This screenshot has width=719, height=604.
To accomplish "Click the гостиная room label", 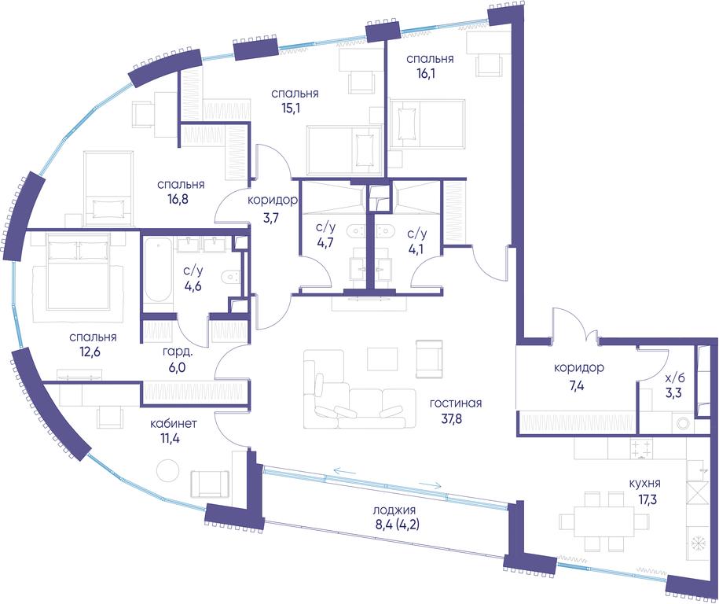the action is (x=455, y=403).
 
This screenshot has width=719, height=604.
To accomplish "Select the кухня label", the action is (x=644, y=484).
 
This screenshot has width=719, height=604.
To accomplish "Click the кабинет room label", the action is (x=174, y=423).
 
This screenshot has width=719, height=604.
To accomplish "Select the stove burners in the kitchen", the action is (x=641, y=448).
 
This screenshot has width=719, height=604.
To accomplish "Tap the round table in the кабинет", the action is (x=167, y=470).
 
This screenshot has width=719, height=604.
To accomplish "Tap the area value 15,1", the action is (x=295, y=109).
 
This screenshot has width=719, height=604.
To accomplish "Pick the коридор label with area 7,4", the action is (x=578, y=367).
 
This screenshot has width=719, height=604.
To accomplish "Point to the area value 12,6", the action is (x=93, y=352).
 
